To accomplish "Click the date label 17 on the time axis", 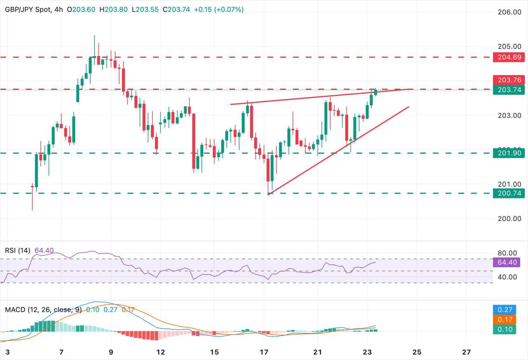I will [x=264, y=352].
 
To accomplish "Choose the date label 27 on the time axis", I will [x=467, y=352].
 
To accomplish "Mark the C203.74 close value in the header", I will [x=177, y=9].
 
